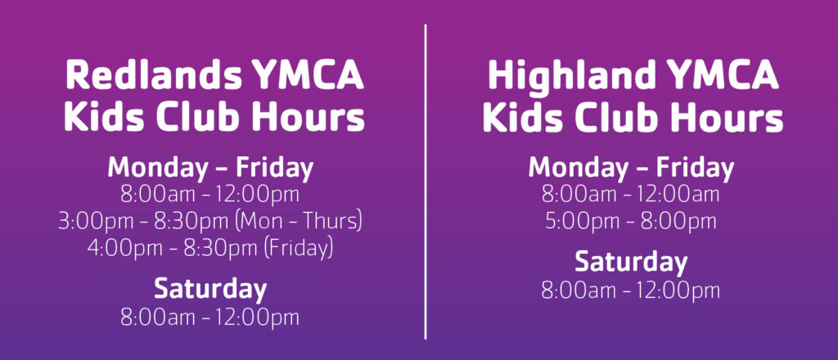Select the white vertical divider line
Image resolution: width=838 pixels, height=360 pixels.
(426, 182)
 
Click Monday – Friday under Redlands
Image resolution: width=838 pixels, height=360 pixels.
(210, 168)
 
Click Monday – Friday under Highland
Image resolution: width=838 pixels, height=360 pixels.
(631, 168)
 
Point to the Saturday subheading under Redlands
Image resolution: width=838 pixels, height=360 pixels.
(210, 289)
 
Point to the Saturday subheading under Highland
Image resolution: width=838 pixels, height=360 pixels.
(631, 263)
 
